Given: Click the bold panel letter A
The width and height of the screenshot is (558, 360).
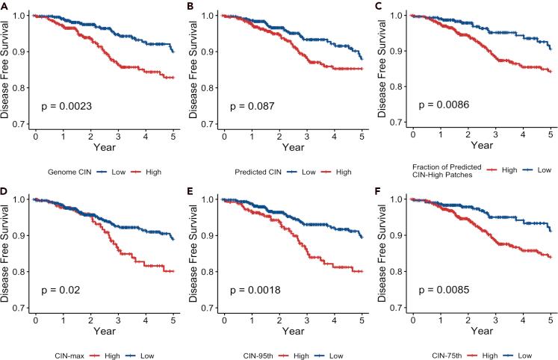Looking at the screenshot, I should (x=5, y=6).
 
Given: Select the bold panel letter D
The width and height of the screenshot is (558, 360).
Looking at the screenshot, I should (x=5, y=190).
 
